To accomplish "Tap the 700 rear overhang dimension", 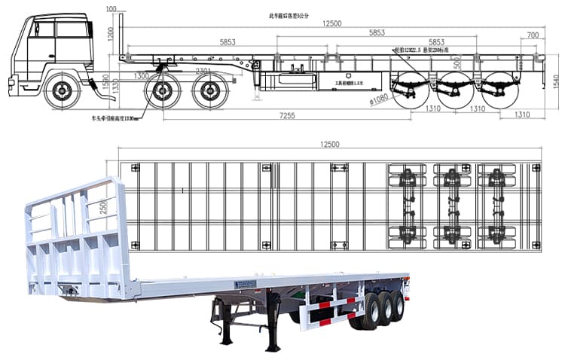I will point(533,35).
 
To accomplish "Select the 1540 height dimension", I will point(556,81).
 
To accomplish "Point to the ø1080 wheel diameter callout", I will point(379,97).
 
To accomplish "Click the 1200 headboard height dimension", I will point(110,34).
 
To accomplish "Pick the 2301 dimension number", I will point(203,71).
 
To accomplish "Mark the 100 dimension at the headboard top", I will point(111,9).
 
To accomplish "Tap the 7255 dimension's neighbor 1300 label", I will point(141,75).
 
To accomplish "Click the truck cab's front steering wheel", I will point(61,91).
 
